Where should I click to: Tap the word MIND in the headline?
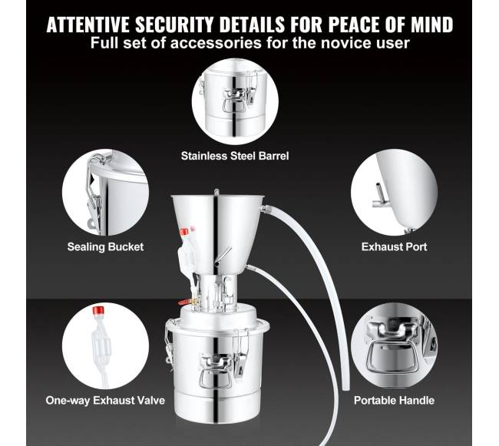click(432, 25)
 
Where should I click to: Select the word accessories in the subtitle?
click(216, 43)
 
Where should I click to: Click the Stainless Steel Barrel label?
click(235, 156)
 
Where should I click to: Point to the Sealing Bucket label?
click(105, 247)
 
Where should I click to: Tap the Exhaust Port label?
click(394, 247)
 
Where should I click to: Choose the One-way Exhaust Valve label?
click(105, 400)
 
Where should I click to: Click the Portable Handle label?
click(394, 400)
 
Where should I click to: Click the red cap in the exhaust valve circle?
click(98, 311)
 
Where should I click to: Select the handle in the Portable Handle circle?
click(391, 357)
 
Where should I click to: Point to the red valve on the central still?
click(183, 302)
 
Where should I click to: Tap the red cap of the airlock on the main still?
click(184, 232)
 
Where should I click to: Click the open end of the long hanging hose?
click(345, 388)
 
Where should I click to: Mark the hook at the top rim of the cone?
click(216, 193)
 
